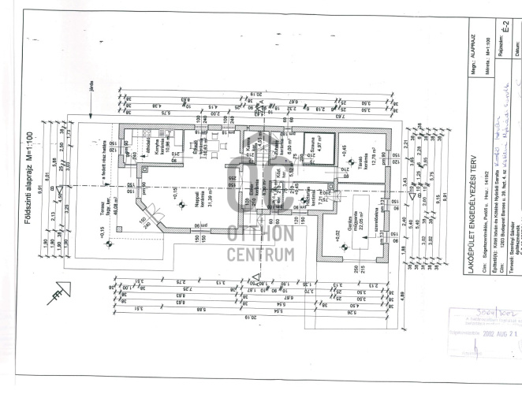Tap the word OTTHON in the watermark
(x=260, y=233)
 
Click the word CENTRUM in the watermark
(x=260, y=254)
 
